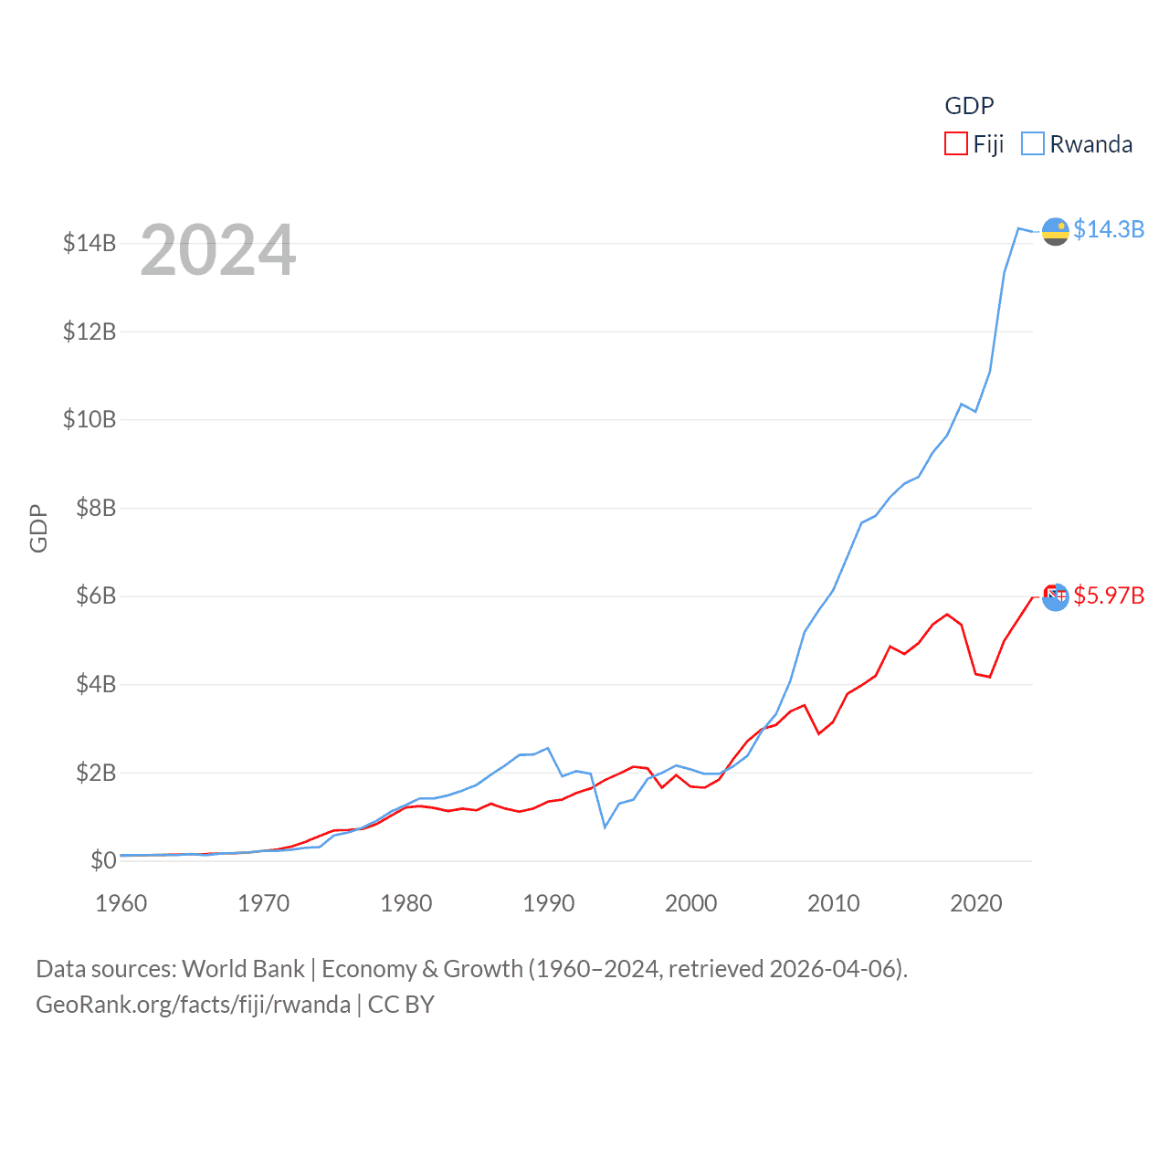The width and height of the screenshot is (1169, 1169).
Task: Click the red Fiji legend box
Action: coord(955,144)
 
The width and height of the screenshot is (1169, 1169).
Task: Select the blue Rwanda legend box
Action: coord(1032,144)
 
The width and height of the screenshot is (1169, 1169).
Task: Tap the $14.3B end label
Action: coord(1108,229)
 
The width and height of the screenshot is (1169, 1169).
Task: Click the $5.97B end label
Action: coord(1108,595)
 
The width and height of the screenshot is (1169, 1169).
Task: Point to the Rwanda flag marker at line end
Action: coord(1056,232)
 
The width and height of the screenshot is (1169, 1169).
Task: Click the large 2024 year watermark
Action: coord(218,249)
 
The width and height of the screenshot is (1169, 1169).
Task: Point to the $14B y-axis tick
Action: coord(90,243)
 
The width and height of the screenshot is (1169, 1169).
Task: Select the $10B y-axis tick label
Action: coord(90,419)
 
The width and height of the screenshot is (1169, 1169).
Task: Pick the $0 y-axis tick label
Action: coord(103,860)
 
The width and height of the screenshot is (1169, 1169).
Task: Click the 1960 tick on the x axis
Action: coord(121,903)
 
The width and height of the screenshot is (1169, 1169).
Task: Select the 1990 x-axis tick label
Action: coord(549,903)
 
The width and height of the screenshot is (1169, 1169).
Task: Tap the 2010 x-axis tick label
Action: coord(834,903)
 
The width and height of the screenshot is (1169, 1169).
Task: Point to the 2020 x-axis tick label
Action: coord(976,903)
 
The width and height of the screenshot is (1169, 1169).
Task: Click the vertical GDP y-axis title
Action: coord(38,528)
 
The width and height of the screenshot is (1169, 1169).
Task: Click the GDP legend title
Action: coord(969,106)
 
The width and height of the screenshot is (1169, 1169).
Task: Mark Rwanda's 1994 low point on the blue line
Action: coord(605,827)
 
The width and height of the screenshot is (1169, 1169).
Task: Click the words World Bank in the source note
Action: coord(243,969)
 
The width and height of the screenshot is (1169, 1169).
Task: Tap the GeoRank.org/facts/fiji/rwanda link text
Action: coord(193,1005)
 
